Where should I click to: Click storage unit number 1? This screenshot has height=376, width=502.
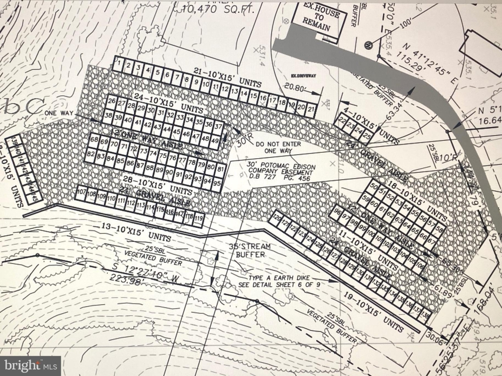coord(118,64)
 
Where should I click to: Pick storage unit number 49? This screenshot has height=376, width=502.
coord(215,140)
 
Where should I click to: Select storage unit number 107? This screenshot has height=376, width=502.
coord(81,193)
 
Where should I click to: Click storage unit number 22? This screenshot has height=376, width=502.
coord(342,120)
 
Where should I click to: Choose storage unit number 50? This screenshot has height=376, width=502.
coord(374,187)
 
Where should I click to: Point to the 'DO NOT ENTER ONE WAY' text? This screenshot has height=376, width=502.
coord(278,147)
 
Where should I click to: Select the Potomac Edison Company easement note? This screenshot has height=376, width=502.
coord(280,172)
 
